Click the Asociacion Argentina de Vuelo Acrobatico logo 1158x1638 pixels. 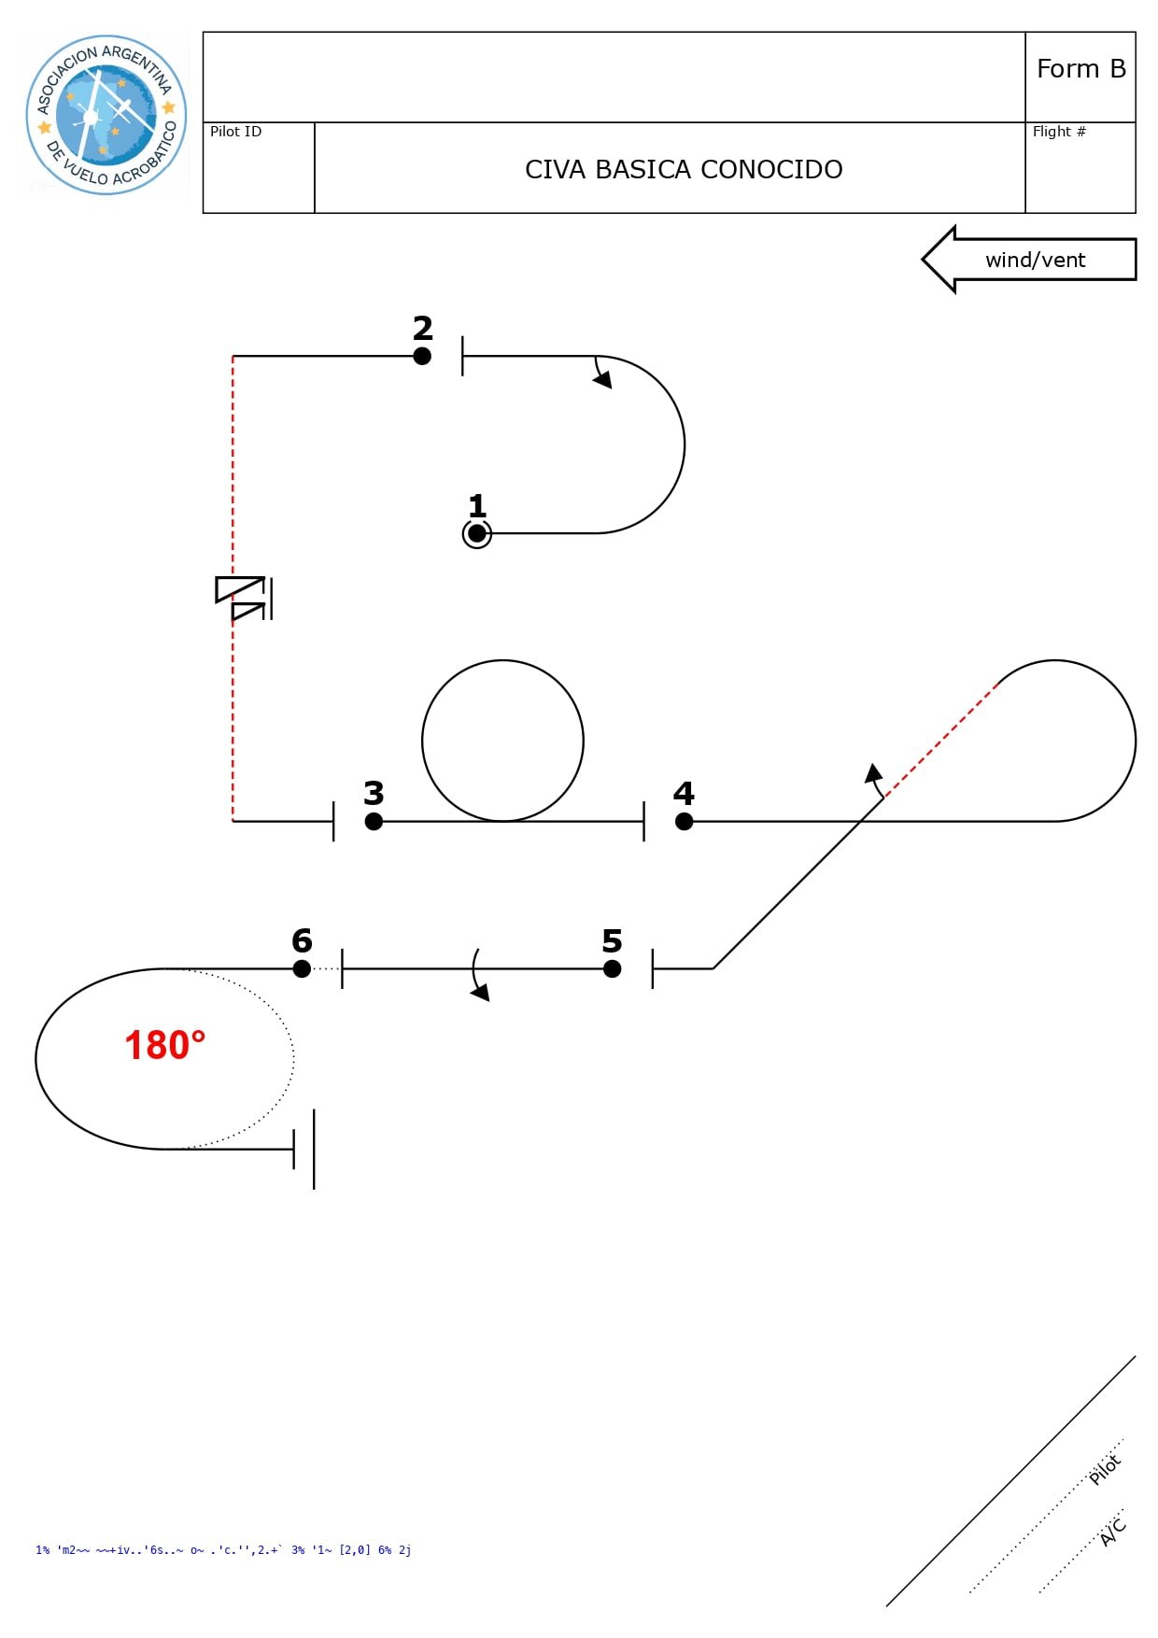(106, 116)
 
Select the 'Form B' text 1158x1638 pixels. (1080, 69)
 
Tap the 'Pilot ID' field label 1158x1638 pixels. (235, 132)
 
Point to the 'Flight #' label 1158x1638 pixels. (1058, 132)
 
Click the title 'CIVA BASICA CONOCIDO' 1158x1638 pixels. (683, 169)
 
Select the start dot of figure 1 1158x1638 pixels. (477, 533)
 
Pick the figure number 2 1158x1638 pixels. (423, 329)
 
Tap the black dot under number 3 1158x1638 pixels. (374, 821)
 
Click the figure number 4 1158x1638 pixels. (684, 794)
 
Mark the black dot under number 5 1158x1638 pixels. (612, 968)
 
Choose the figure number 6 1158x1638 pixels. (302, 940)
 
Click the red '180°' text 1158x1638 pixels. (164, 1046)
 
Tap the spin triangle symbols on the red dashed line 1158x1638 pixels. (243, 599)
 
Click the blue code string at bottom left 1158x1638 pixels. (223, 1550)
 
